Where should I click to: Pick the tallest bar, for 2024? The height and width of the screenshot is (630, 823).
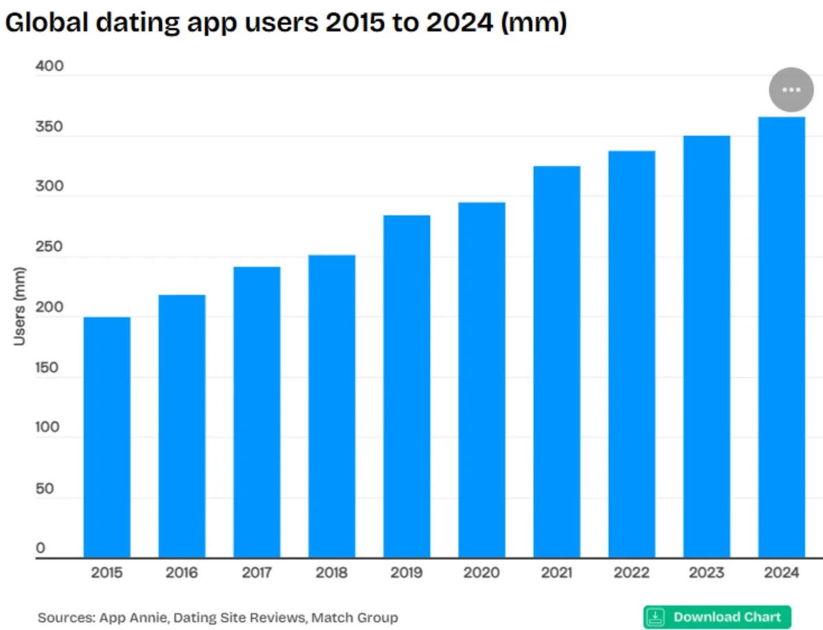[x=782, y=337]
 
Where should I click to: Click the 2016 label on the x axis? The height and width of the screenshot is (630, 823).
[x=182, y=573]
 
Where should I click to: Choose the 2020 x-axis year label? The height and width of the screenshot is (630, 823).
[x=481, y=573]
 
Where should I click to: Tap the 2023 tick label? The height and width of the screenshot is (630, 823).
[x=706, y=573]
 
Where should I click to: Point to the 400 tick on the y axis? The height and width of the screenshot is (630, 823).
[x=49, y=67]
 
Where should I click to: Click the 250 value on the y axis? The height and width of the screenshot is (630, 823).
[x=49, y=248]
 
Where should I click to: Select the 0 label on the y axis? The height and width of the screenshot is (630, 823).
[x=40, y=548]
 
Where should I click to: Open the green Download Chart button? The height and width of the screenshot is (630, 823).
[x=717, y=616]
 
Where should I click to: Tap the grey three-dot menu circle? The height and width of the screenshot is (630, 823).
[x=791, y=90]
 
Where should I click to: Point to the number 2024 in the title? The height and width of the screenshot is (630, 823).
[x=458, y=23]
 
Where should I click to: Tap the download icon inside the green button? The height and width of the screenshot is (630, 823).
[x=656, y=616]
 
